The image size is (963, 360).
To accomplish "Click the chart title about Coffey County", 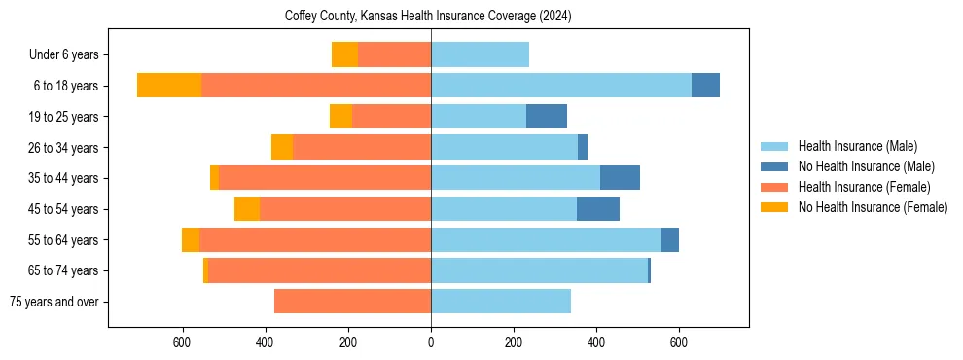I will click(x=428, y=17).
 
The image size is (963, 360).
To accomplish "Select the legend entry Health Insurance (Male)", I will click(x=857, y=146).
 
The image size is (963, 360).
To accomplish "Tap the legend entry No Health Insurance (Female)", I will click(x=873, y=207).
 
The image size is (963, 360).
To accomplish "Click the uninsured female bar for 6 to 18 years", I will click(x=169, y=86).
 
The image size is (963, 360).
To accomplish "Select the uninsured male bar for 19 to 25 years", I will click(x=547, y=117).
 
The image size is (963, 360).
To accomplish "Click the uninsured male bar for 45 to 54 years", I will click(x=598, y=209).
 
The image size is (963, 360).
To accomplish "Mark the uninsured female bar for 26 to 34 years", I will click(x=282, y=147).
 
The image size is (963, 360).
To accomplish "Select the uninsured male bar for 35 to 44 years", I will click(x=620, y=178).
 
